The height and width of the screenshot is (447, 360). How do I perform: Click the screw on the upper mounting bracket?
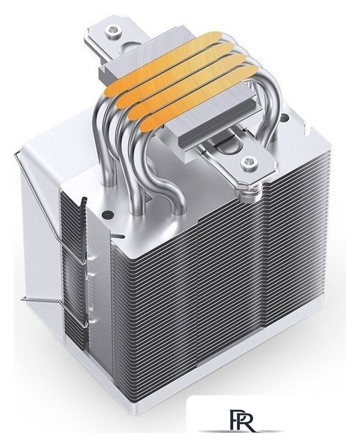pyautogui.click(x=113, y=31)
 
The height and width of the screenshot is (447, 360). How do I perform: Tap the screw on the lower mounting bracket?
pyautogui.click(x=250, y=163)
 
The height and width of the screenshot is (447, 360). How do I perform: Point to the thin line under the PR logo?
pyautogui.click(x=240, y=431)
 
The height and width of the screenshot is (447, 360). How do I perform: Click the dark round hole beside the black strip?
pyautogui.click(x=107, y=214)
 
